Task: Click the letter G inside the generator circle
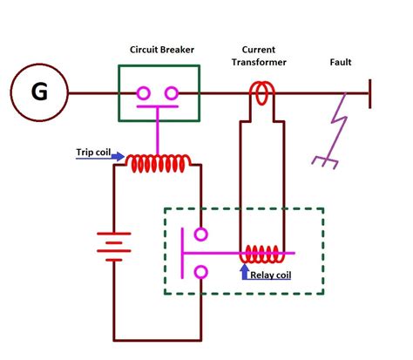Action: coord(40,92)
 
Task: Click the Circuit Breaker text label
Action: coord(159,50)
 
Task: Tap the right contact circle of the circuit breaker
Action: coord(173,93)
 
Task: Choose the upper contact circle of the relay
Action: coord(201,234)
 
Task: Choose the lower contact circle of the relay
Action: coord(201,273)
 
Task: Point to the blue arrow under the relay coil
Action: coord(244,270)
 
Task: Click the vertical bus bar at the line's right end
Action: coord(371,92)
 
